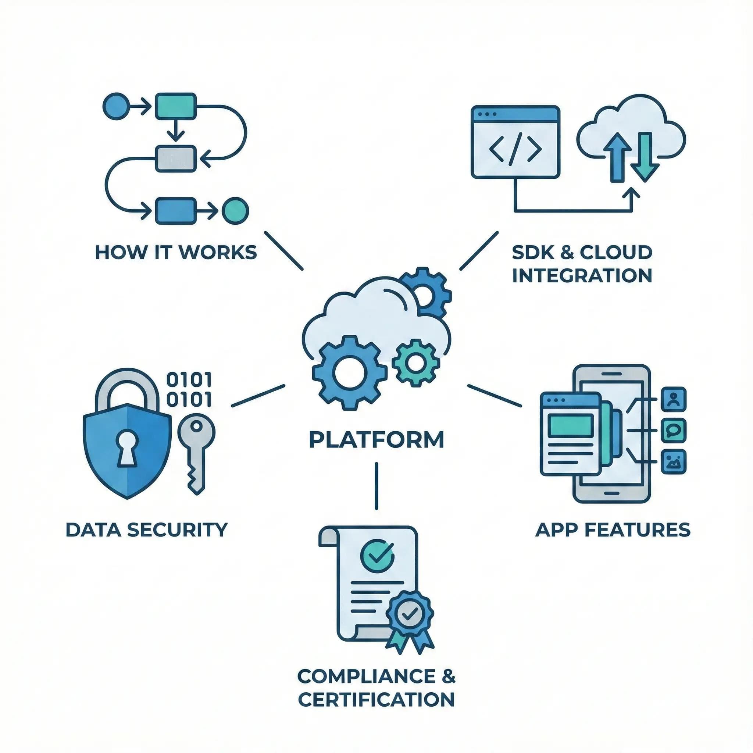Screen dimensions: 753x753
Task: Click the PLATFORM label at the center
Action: (376, 440)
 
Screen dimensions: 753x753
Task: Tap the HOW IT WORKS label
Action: (176, 253)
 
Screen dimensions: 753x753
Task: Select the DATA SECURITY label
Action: (146, 530)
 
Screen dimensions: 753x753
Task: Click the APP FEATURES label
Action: (613, 530)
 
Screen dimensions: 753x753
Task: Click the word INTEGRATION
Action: (582, 275)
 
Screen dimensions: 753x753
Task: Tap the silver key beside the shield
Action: (196, 452)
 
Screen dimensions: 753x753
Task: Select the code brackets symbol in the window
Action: (515, 150)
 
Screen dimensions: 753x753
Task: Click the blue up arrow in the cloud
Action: (617, 157)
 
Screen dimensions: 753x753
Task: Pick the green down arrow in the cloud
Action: (645, 157)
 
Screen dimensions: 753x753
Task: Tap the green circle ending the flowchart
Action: (235, 211)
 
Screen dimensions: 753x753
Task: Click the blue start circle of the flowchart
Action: (115, 106)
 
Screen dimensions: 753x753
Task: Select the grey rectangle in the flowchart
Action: (175, 158)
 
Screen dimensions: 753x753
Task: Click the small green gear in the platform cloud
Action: (415, 363)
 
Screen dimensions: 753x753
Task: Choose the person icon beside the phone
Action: (674, 399)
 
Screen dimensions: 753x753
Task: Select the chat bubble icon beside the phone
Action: (674, 430)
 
